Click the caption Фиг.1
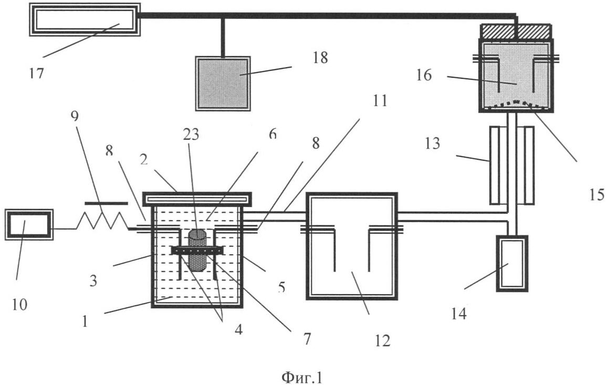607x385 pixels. click(301, 377)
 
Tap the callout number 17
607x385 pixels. click(37, 73)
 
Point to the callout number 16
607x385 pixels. click(424, 75)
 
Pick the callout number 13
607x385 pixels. click(433, 143)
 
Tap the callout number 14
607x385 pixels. click(458, 314)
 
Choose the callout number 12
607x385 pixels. click(382, 340)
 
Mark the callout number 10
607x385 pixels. click(19, 305)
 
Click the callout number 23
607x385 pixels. click(191, 134)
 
